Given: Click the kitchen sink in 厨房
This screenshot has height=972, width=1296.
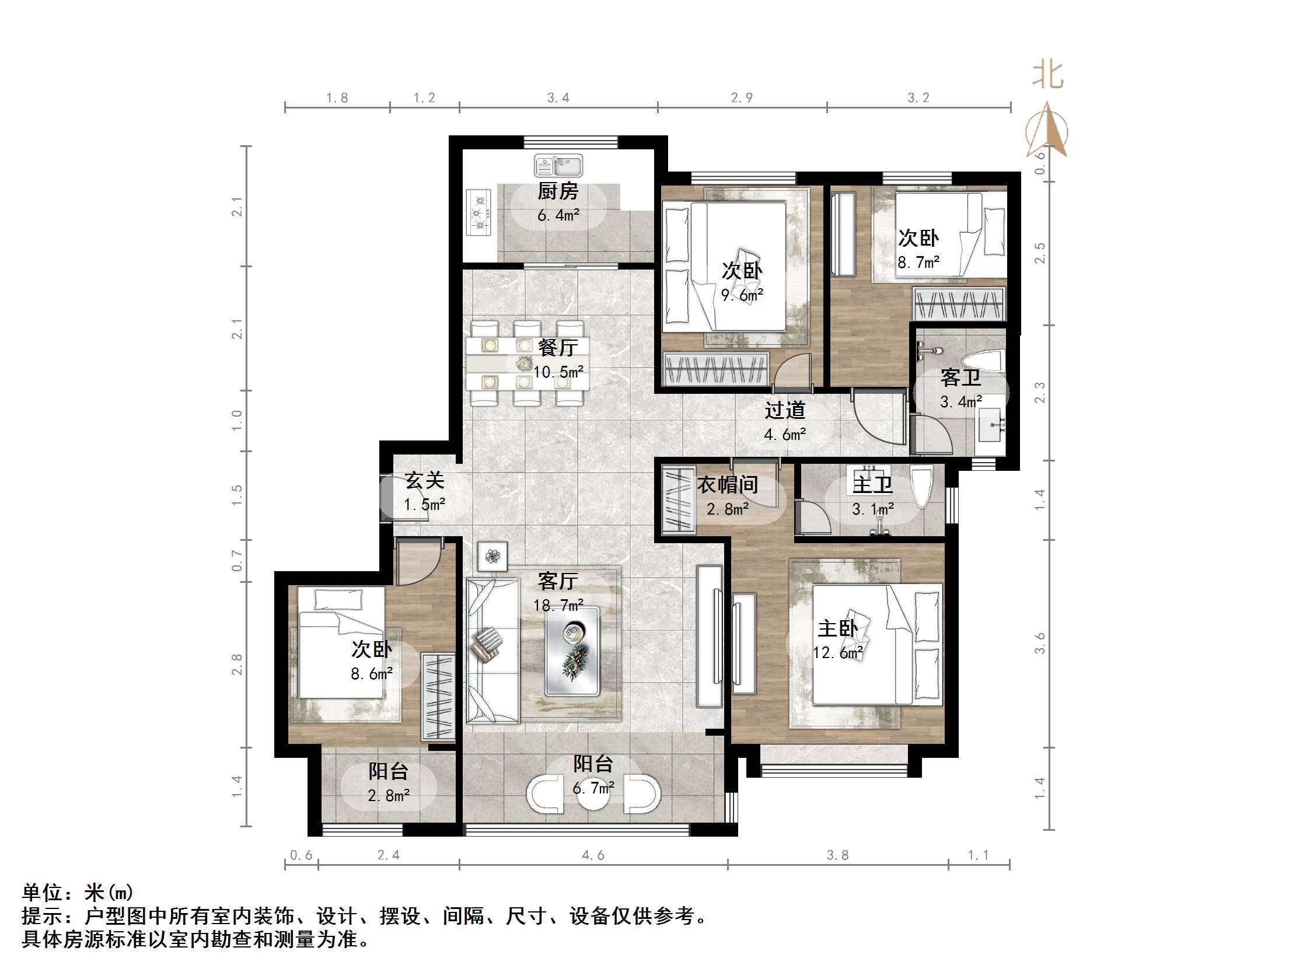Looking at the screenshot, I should pos(558,166).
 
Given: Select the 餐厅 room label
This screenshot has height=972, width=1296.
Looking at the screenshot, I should pos(557,348).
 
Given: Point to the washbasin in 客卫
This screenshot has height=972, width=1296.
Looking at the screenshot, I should pos(991,425).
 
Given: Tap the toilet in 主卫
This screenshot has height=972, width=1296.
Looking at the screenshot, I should pos(921,488).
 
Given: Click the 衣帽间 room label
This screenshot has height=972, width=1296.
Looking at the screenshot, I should pos(727,485).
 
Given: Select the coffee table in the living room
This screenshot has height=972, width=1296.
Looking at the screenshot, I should pos(572,652).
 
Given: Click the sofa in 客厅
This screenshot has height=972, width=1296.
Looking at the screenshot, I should pos(492,651).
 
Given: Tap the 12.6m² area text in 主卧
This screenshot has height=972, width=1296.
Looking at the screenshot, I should pos(838,653).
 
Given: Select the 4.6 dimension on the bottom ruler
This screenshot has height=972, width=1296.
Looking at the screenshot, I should pos(593,855).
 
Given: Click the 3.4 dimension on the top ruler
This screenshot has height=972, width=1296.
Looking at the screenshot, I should pos(558,98).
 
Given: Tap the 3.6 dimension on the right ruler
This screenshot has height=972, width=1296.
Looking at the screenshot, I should pos(1040,644).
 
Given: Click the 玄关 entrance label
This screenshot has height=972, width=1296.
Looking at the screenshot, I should pos(425,480).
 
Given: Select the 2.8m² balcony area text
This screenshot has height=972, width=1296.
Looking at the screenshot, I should pos(389,796).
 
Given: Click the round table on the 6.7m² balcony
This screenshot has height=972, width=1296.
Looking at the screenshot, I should pos(593,795).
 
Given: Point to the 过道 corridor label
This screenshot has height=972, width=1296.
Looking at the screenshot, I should pos(784,410).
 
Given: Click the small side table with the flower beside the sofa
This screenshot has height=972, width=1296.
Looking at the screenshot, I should pos(491,555).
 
